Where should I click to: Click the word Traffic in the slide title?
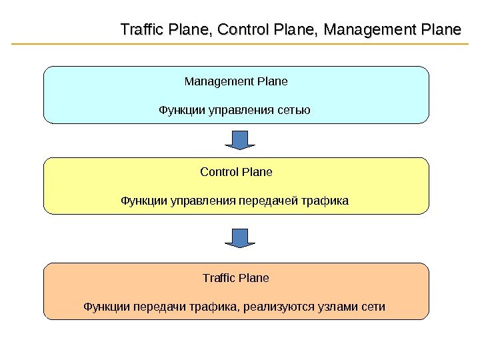tap(141, 31)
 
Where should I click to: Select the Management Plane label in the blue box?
tap(236, 82)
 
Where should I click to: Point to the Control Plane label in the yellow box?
tap(236, 172)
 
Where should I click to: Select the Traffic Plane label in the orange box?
tap(236, 277)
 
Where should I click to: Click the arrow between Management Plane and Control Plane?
tap(240, 140)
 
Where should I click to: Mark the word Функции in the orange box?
tap(105, 307)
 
